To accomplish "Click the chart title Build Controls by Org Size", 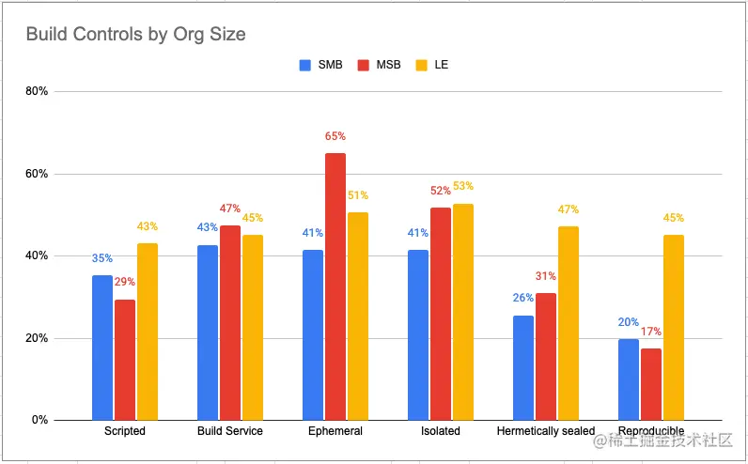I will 135,35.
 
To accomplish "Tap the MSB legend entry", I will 381,66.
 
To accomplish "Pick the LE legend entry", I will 433,66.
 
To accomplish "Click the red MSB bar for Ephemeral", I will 335,286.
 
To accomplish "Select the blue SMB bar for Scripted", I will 102,348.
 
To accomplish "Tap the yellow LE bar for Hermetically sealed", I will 569,323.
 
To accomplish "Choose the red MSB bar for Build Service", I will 230,323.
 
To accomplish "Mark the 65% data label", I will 335,136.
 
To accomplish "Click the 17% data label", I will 651,332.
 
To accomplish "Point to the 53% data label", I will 463,186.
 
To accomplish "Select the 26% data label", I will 522,298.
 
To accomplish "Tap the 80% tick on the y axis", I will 38,92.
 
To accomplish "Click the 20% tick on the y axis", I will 38,338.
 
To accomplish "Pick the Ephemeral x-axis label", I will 335,431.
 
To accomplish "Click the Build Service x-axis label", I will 230,431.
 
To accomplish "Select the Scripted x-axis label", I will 125,431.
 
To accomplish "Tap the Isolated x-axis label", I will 441,431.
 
